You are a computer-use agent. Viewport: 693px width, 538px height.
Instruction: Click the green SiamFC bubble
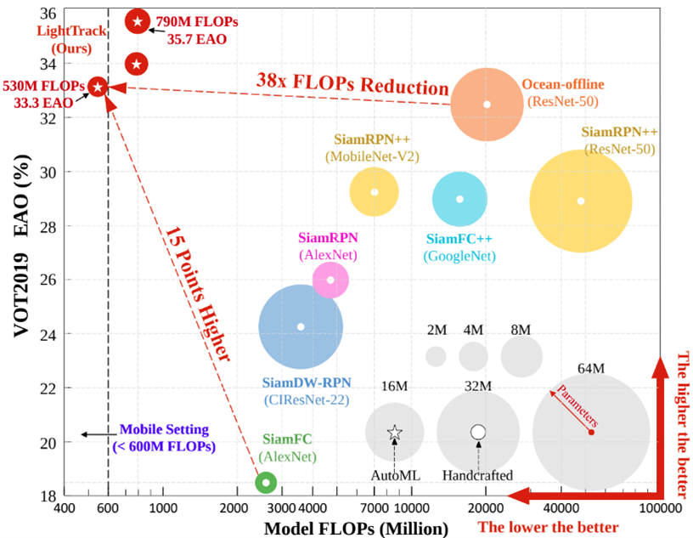(267, 482)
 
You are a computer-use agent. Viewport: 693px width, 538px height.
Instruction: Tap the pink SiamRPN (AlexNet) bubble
(330, 280)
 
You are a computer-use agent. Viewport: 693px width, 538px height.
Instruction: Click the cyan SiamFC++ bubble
(459, 199)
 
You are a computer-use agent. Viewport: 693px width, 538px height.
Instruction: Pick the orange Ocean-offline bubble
(487, 105)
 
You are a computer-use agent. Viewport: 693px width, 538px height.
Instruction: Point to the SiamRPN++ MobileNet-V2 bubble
(374, 192)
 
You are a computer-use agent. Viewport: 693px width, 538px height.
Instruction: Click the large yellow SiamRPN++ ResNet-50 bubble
(581, 201)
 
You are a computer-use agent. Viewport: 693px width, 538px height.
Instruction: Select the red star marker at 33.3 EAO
(98, 87)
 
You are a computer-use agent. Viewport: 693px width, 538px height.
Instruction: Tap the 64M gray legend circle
(591, 433)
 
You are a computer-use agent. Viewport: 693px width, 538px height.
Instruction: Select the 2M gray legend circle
(436, 356)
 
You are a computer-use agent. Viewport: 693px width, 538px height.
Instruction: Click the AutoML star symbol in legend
(395, 433)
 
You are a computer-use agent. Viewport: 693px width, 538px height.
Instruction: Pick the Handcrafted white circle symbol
(478, 433)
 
